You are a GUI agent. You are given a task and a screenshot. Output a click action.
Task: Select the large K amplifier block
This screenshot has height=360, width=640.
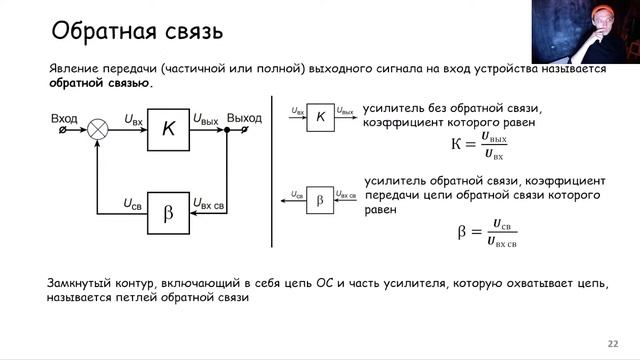pos(168,129)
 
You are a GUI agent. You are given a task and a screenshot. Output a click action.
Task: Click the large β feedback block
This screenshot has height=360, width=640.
pos(168,212)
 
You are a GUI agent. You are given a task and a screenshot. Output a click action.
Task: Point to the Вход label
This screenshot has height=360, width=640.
pos(64,118)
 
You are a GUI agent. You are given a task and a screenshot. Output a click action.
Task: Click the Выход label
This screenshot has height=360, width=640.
pos(244,118)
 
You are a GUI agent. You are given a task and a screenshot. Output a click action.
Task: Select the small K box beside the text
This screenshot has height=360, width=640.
pos(320,116)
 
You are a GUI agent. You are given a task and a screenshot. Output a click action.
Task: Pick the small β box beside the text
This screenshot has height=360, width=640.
pos(320,199)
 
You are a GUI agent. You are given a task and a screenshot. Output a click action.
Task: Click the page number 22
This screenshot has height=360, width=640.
pos(613,343)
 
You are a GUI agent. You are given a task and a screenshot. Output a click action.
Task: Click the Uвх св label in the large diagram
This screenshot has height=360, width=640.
pos(208,204)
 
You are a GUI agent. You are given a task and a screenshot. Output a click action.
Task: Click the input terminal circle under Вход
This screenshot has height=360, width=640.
pos(65,130)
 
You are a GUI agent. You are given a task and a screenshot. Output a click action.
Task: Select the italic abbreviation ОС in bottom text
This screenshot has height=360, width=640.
pos(324,283)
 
